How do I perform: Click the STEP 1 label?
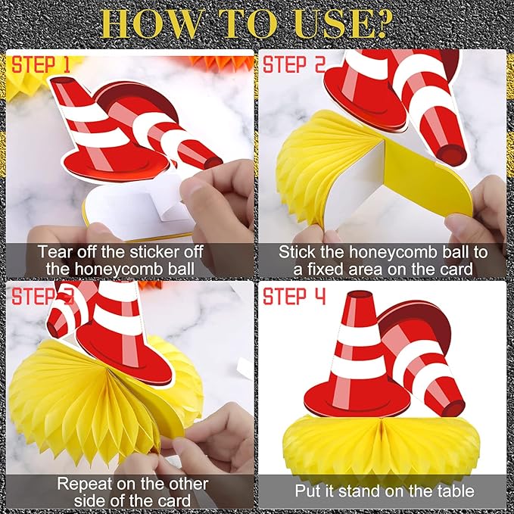pos(41,64)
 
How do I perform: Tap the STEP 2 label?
pos(294,64)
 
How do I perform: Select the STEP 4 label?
pos(294,296)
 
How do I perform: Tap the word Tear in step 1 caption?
pos(55,252)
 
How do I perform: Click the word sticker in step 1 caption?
pos(156,252)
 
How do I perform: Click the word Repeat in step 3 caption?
pos(85,484)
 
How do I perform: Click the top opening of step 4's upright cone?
pos(360,294)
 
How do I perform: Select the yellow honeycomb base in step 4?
pos(382,445)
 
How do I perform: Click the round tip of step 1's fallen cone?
pos(213,162)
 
